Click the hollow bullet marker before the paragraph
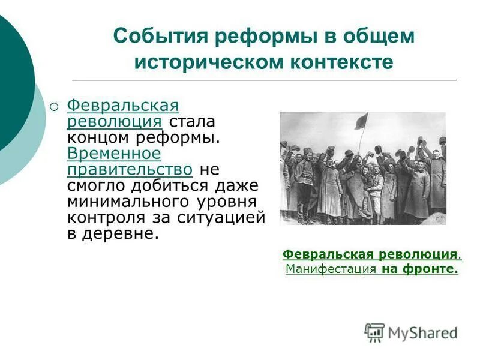(x=55, y=107)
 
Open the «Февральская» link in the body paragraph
(x=123, y=106)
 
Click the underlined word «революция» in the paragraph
(x=114, y=122)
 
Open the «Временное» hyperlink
(x=114, y=153)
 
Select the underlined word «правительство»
(x=130, y=169)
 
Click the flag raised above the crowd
(x=361, y=122)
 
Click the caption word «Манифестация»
(x=331, y=269)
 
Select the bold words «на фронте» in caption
(x=419, y=269)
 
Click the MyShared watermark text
(x=423, y=332)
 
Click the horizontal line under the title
(x=264, y=80)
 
